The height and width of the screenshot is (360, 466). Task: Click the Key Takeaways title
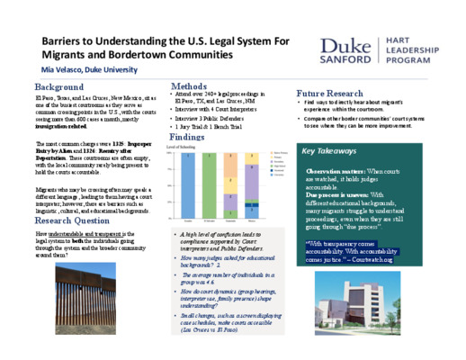(331, 152)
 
